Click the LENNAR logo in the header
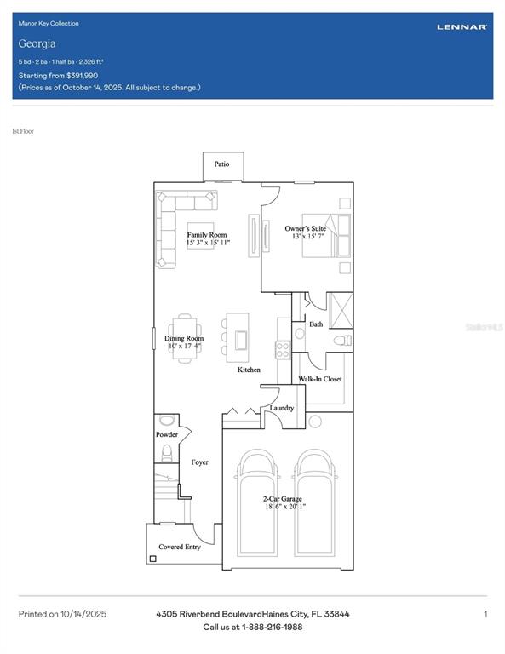coord(462,27)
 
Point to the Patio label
coord(221,164)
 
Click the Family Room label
coord(207,235)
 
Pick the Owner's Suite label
coord(305,228)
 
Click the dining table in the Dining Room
coord(184,338)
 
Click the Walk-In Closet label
coord(319,379)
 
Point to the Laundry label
coord(281,408)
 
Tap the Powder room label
coord(166,434)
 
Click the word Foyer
coord(199,462)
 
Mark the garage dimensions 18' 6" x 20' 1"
coord(284,507)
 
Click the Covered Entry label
coord(180,547)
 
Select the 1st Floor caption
coord(23,131)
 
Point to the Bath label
coord(316,324)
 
